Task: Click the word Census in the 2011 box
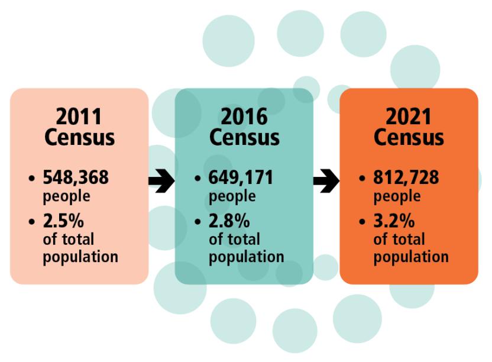click(79, 138)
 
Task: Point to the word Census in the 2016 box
click(244, 138)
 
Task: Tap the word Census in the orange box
click(409, 138)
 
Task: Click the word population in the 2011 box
click(81, 257)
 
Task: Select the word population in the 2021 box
click(411, 257)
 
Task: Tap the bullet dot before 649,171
click(198, 178)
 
